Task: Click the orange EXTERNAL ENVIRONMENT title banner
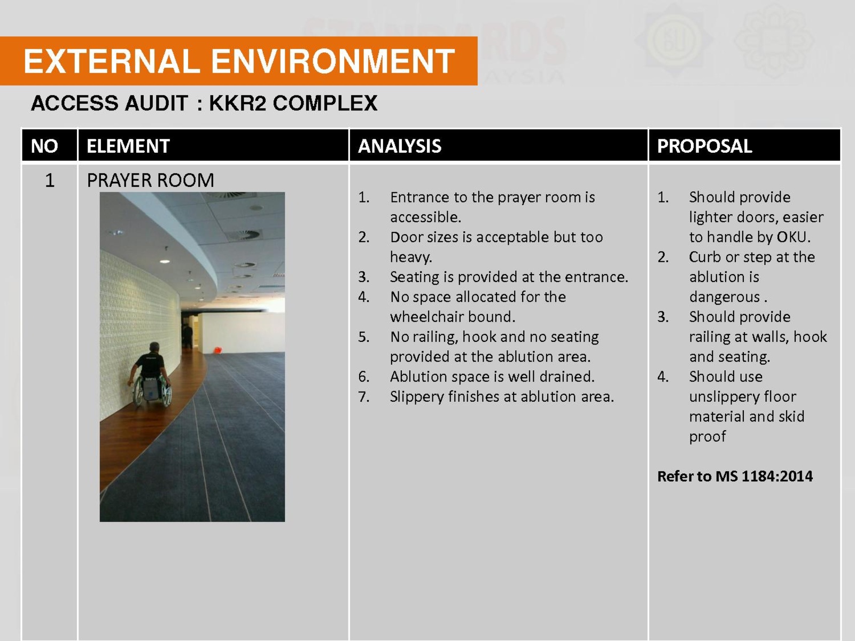click(x=238, y=61)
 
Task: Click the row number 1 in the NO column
click(x=50, y=181)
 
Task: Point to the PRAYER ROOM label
click(x=150, y=181)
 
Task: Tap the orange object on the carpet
click(x=217, y=350)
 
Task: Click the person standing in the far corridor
click(x=188, y=337)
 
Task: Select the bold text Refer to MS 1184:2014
click(x=735, y=476)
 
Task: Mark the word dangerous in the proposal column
click(x=724, y=297)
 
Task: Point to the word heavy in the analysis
click(x=411, y=257)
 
